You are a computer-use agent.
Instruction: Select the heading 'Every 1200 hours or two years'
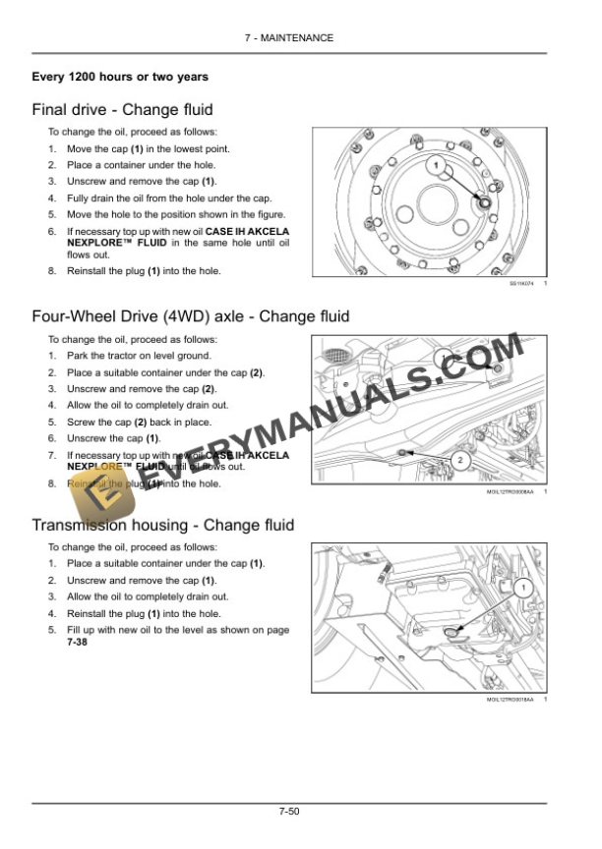[120, 77]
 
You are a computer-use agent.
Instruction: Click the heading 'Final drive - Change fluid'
[122, 110]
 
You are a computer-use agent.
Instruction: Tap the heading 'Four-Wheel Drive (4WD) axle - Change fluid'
[190, 316]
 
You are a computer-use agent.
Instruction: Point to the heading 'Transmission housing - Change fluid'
[162, 526]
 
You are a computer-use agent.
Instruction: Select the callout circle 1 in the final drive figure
[435, 166]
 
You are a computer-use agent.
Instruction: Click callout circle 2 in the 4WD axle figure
[461, 460]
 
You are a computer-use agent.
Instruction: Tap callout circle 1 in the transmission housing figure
[522, 588]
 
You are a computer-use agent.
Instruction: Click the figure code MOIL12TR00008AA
[511, 491]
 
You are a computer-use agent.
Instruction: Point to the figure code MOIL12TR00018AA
[511, 700]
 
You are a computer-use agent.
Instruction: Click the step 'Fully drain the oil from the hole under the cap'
[169, 198]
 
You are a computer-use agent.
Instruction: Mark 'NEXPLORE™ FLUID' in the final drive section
[117, 242]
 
